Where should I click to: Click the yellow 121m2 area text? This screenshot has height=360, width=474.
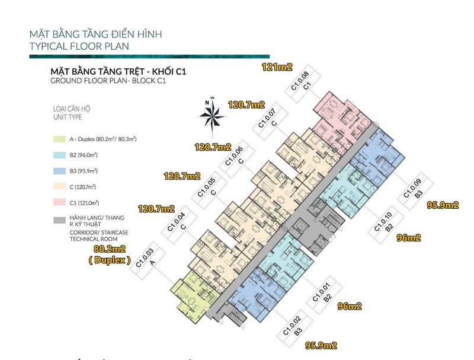tap(277, 68)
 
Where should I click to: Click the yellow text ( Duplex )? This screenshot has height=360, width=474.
tap(109, 260)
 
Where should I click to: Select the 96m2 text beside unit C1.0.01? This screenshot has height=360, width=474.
tap(350, 307)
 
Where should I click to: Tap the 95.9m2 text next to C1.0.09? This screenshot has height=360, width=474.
tap(443, 205)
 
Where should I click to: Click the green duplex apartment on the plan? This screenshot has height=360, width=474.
tap(191, 294)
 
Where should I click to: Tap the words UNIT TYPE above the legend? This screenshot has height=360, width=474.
tap(67, 119)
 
